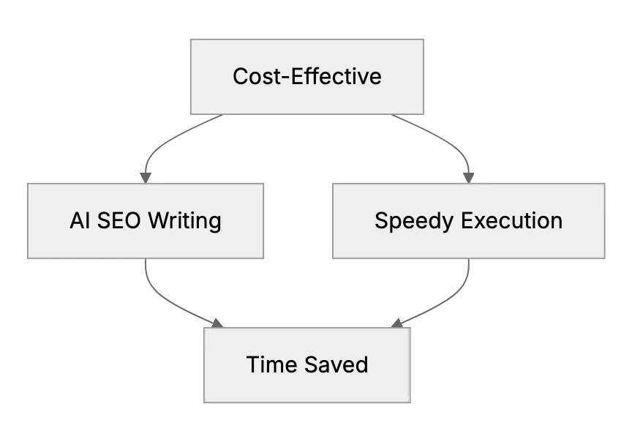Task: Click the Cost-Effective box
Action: pyautogui.click(x=307, y=77)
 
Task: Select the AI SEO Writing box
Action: pyautogui.click(x=146, y=221)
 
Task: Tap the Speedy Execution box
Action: pyautogui.click(x=469, y=221)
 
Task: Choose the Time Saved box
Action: pyautogui.click(x=307, y=365)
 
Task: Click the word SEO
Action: pyautogui.click(x=119, y=220)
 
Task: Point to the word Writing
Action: pyautogui.click(x=184, y=222)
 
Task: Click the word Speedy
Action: pyautogui.click(x=414, y=222)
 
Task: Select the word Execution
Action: pyautogui.click(x=512, y=220)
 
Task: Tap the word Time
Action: pyautogui.click(x=272, y=364)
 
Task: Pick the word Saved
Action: pyautogui.click(x=336, y=364)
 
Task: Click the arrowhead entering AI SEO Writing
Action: pyautogui.click(x=146, y=179)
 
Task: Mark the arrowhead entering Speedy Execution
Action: pyautogui.click(x=468, y=179)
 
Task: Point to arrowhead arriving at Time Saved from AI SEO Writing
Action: pyautogui.click(x=218, y=323)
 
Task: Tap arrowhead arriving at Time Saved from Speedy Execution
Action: pyautogui.click(x=397, y=323)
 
